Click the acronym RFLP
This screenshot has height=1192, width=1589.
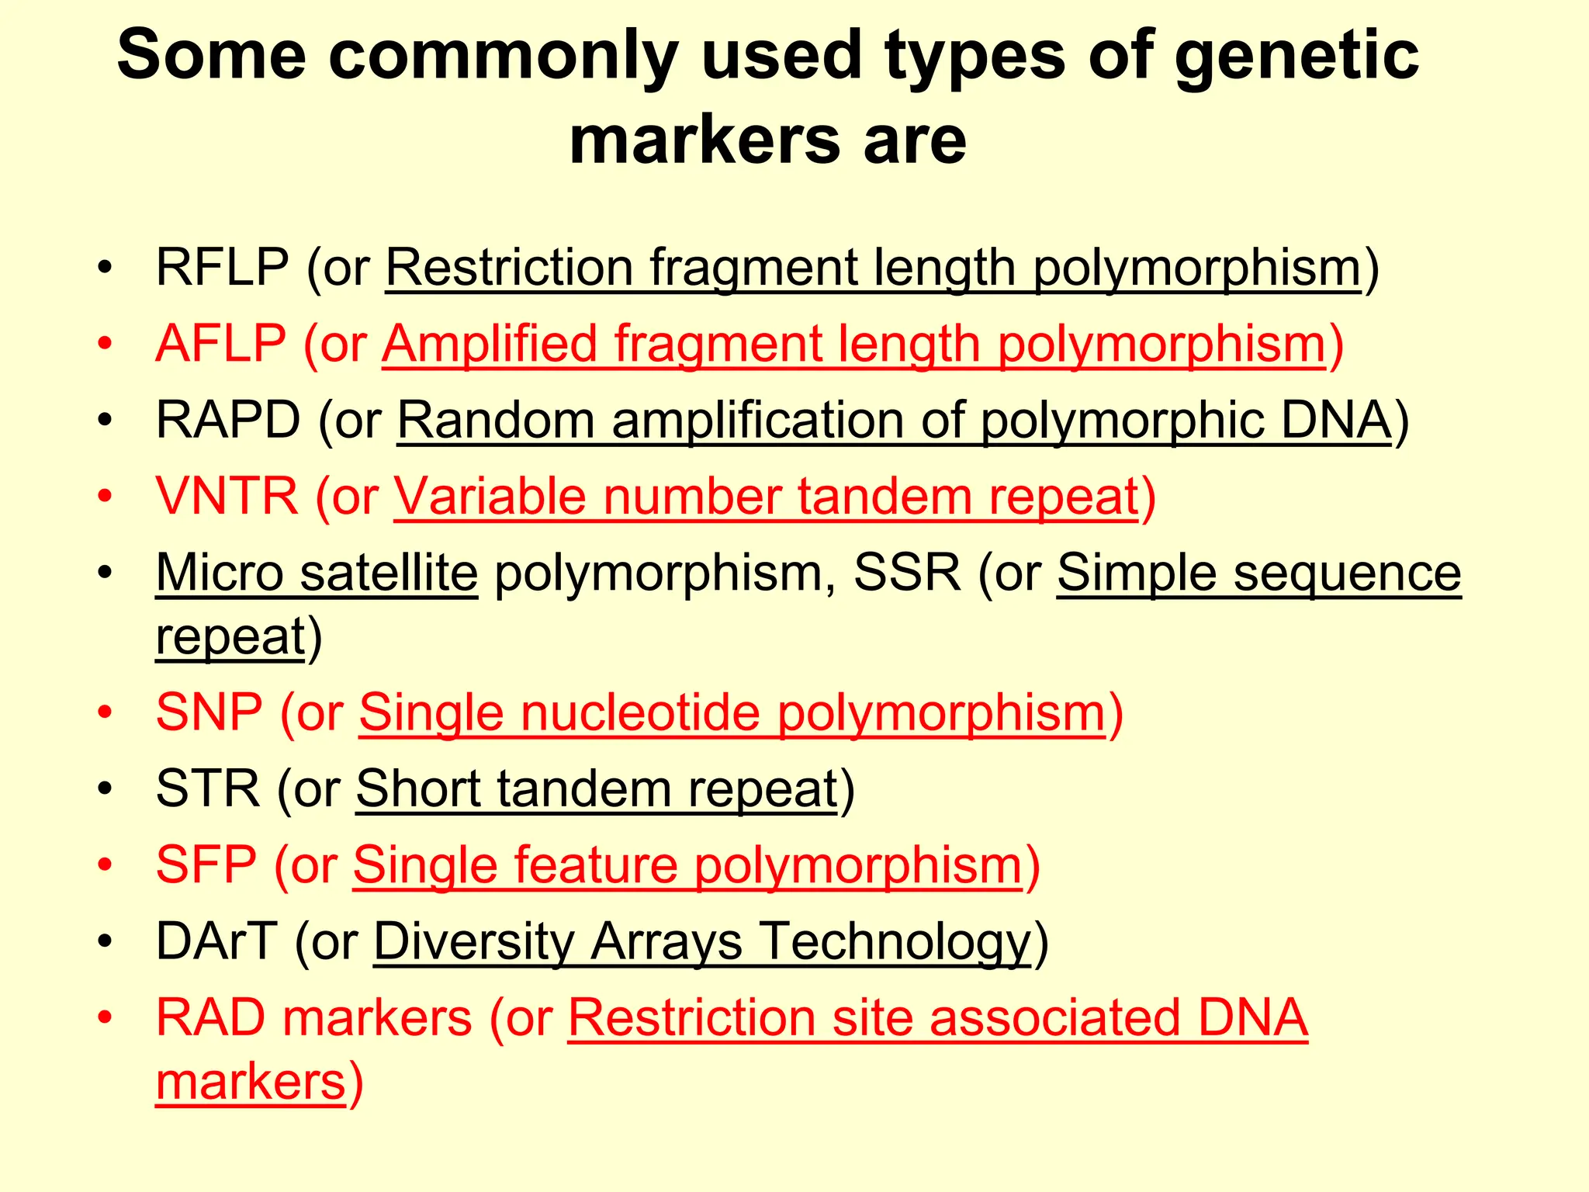(x=222, y=268)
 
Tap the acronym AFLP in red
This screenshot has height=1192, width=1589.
(x=220, y=344)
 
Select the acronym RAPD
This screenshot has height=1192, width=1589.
(x=227, y=421)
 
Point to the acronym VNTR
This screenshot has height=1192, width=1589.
(x=227, y=497)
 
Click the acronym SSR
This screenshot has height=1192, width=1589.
(x=907, y=573)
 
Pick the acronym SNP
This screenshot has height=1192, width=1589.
(x=209, y=712)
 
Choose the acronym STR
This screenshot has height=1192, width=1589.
(x=207, y=789)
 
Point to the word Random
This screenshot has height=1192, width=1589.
(x=496, y=421)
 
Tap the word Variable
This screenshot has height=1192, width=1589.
(x=490, y=497)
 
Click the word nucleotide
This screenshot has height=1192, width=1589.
(x=639, y=712)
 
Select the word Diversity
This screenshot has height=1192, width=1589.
(x=473, y=941)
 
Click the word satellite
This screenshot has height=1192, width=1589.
(x=389, y=573)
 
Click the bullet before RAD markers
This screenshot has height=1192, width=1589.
(x=106, y=1017)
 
